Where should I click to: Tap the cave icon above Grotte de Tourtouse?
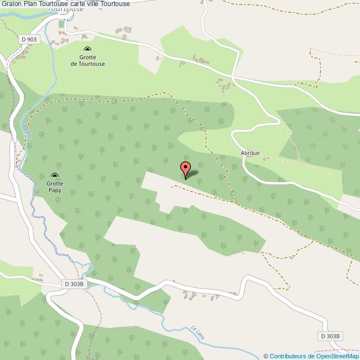[x=88, y=50]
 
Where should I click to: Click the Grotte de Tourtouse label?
[x=88, y=60]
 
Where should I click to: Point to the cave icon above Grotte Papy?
[x=54, y=175]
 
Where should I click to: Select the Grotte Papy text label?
[x=54, y=187]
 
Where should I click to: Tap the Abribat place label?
[x=250, y=152]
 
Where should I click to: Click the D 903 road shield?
[x=29, y=39]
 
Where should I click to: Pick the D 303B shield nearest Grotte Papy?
[x=74, y=284]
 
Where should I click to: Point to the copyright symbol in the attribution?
[x=266, y=356]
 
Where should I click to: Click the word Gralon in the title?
[x=12, y=4]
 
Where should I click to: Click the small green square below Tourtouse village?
[x=61, y=24]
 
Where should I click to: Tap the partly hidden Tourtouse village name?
[x=65, y=9]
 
